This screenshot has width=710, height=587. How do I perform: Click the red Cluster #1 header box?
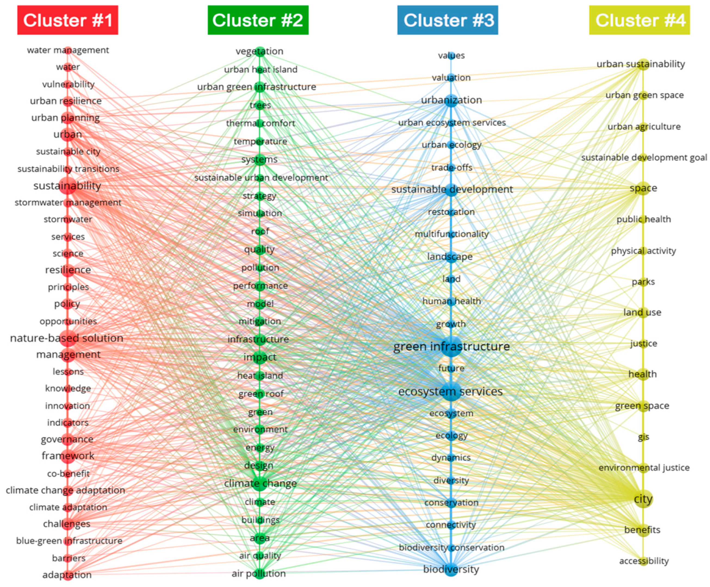click(68, 20)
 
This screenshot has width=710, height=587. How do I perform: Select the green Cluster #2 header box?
click(258, 20)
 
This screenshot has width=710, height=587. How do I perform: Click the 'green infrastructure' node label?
click(451, 347)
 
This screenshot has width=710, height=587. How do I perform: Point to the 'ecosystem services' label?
click(451, 391)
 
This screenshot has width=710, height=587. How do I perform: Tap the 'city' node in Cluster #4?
click(643, 499)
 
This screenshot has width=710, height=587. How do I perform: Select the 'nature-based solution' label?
click(67, 338)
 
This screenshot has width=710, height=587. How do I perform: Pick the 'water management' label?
click(68, 50)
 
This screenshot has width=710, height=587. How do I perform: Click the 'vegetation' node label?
click(259, 51)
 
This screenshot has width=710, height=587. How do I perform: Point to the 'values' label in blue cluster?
click(451, 55)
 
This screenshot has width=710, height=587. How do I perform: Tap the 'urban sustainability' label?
click(641, 64)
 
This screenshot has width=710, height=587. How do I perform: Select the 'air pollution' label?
click(259, 573)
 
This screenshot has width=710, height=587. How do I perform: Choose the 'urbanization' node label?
click(451, 100)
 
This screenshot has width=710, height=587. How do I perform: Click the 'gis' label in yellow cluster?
click(643, 437)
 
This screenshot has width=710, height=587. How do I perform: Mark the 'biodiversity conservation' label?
click(451, 548)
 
